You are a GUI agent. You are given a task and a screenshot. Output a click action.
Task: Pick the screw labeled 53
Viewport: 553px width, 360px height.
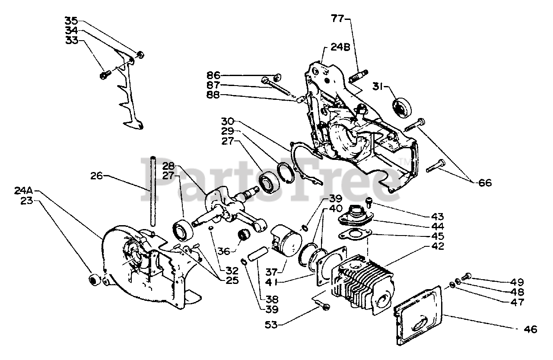[325, 306]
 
